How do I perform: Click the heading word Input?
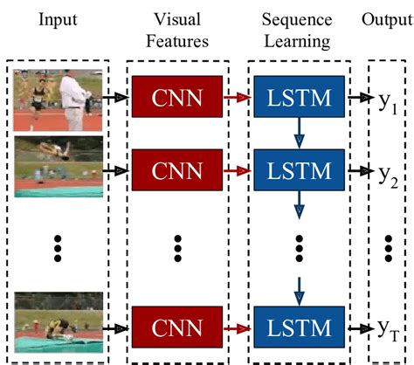pyautogui.click(x=58, y=18)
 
